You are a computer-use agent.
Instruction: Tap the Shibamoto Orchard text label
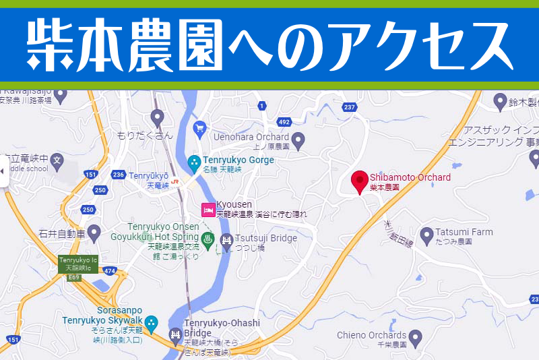pos(410,177)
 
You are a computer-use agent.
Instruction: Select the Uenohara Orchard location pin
pos(298,142)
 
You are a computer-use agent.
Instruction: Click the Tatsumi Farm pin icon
pos(426,235)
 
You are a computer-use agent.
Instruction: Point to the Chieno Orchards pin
pos(416,335)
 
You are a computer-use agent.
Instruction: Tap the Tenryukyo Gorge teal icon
pos(194,162)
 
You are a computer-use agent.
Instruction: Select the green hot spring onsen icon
pos(208,238)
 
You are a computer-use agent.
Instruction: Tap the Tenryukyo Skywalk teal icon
pos(152,324)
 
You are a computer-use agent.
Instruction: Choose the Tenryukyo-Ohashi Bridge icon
pos(175,335)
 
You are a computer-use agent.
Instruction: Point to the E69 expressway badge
pos(73,276)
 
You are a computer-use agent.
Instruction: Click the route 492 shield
pos(284,122)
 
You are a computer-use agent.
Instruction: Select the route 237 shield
pos(349,107)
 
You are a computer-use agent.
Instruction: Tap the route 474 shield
pos(110,272)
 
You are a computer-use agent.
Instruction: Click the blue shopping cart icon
pos(199,127)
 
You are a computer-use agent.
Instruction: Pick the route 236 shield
pos(119,175)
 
